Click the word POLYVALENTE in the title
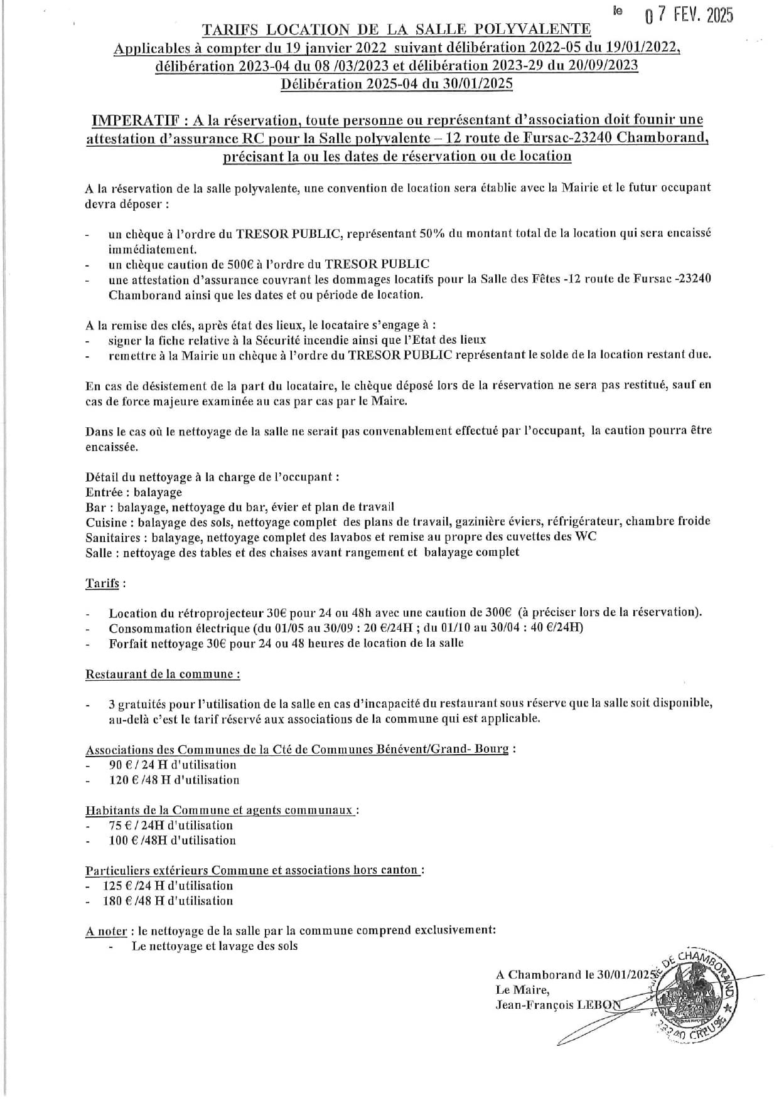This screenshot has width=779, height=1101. [x=540, y=29]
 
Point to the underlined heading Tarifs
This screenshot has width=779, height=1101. [x=102, y=583]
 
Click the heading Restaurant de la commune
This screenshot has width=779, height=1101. [x=162, y=674]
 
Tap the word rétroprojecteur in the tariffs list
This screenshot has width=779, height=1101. [x=205, y=612]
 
